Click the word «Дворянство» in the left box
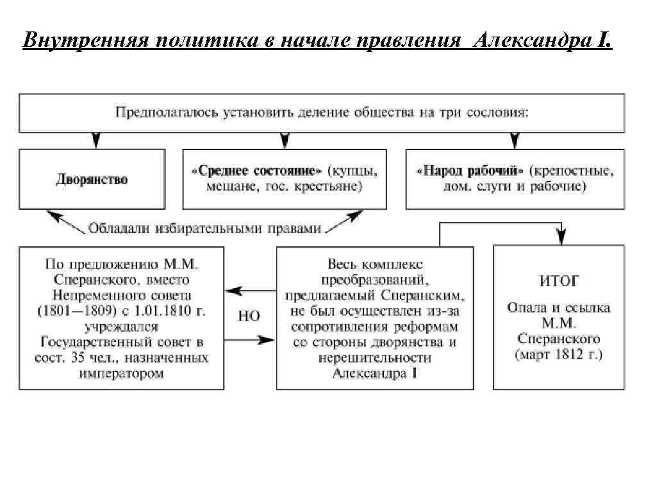[x=92, y=179]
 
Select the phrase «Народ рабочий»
[x=470, y=171]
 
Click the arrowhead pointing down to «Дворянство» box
[x=95, y=140]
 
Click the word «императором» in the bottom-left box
[x=121, y=373]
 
